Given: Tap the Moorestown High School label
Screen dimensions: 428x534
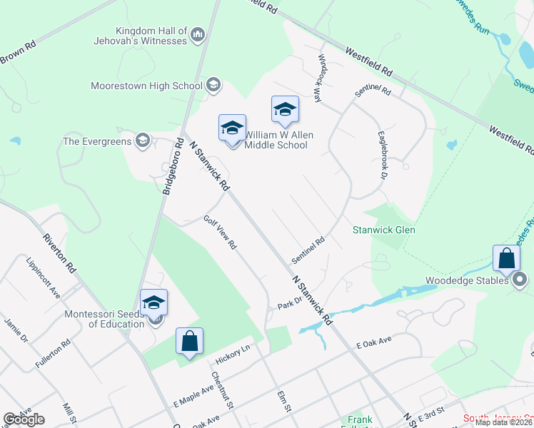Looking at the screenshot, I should coord(147,86).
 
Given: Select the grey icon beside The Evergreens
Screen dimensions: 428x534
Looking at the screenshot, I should coord(143,141).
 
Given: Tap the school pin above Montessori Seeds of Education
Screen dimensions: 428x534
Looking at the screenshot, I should coord(153,301).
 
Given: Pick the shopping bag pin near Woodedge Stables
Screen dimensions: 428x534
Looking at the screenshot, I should coord(505,258).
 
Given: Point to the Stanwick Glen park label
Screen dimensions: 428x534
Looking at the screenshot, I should coord(383,230).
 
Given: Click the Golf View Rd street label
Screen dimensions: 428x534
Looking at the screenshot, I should coord(220,233).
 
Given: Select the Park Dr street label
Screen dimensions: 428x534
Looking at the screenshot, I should coord(291,304).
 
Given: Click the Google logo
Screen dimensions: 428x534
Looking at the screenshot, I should coord(24,419).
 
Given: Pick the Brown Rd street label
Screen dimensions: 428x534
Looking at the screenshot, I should coord(18,52).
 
